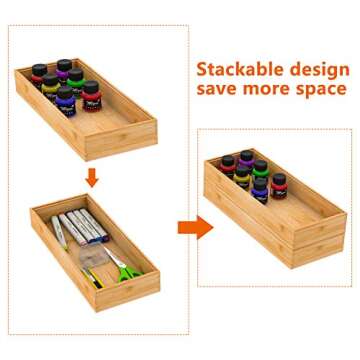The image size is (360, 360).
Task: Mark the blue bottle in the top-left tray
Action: tap(66, 99)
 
